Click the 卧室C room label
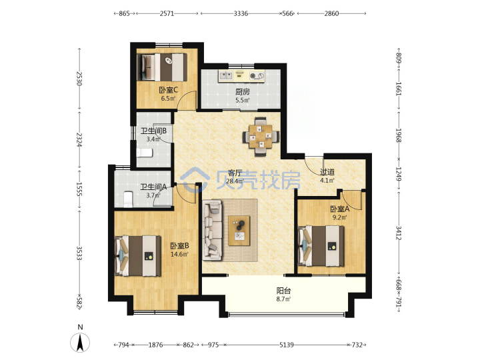click(x=169, y=90)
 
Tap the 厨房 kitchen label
click(x=243, y=91)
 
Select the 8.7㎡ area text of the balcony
click(x=283, y=299)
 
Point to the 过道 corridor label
click(x=327, y=172)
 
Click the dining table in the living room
click(x=261, y=137)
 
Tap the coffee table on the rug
click(x=239, y=231)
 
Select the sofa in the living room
click(x=212, y=230)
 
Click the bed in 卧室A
click(x=321, y=246)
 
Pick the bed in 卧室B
click(x=138, y=256)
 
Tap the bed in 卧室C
click(x=162, y=67)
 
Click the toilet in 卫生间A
click(x=128, y=199)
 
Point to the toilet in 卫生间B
click(x=145, y=153)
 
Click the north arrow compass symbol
click(x=80, y=342)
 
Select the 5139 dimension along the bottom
click(x=287, y=345)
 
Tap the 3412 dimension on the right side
click(x=399, y=233)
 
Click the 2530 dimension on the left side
click(x=79, y=79)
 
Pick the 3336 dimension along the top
click(x=241, y=13)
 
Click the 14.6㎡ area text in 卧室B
click(x=179, y=254)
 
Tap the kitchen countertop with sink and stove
click(x=241, y=75)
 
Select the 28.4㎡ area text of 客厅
click(x=235, y=181)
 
